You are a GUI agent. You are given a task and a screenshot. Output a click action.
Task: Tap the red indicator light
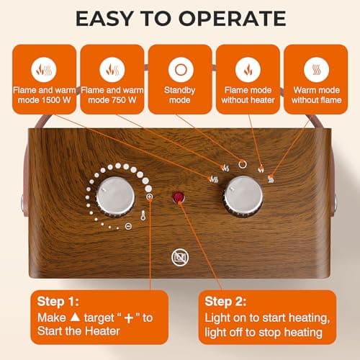(177, 197)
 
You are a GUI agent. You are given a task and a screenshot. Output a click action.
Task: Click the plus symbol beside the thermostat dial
(149, 197)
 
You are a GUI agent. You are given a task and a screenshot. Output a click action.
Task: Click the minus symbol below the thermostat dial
(127, 226)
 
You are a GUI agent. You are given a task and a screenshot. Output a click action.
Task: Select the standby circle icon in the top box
(178, 69)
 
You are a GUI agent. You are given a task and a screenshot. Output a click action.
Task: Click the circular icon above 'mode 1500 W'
(42, 69)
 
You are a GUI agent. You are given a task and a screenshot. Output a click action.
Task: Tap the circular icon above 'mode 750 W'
(111, 69)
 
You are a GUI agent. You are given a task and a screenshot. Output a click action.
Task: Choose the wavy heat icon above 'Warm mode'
(313, 69)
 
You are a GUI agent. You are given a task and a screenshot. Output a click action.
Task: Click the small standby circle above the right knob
(243, 163)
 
